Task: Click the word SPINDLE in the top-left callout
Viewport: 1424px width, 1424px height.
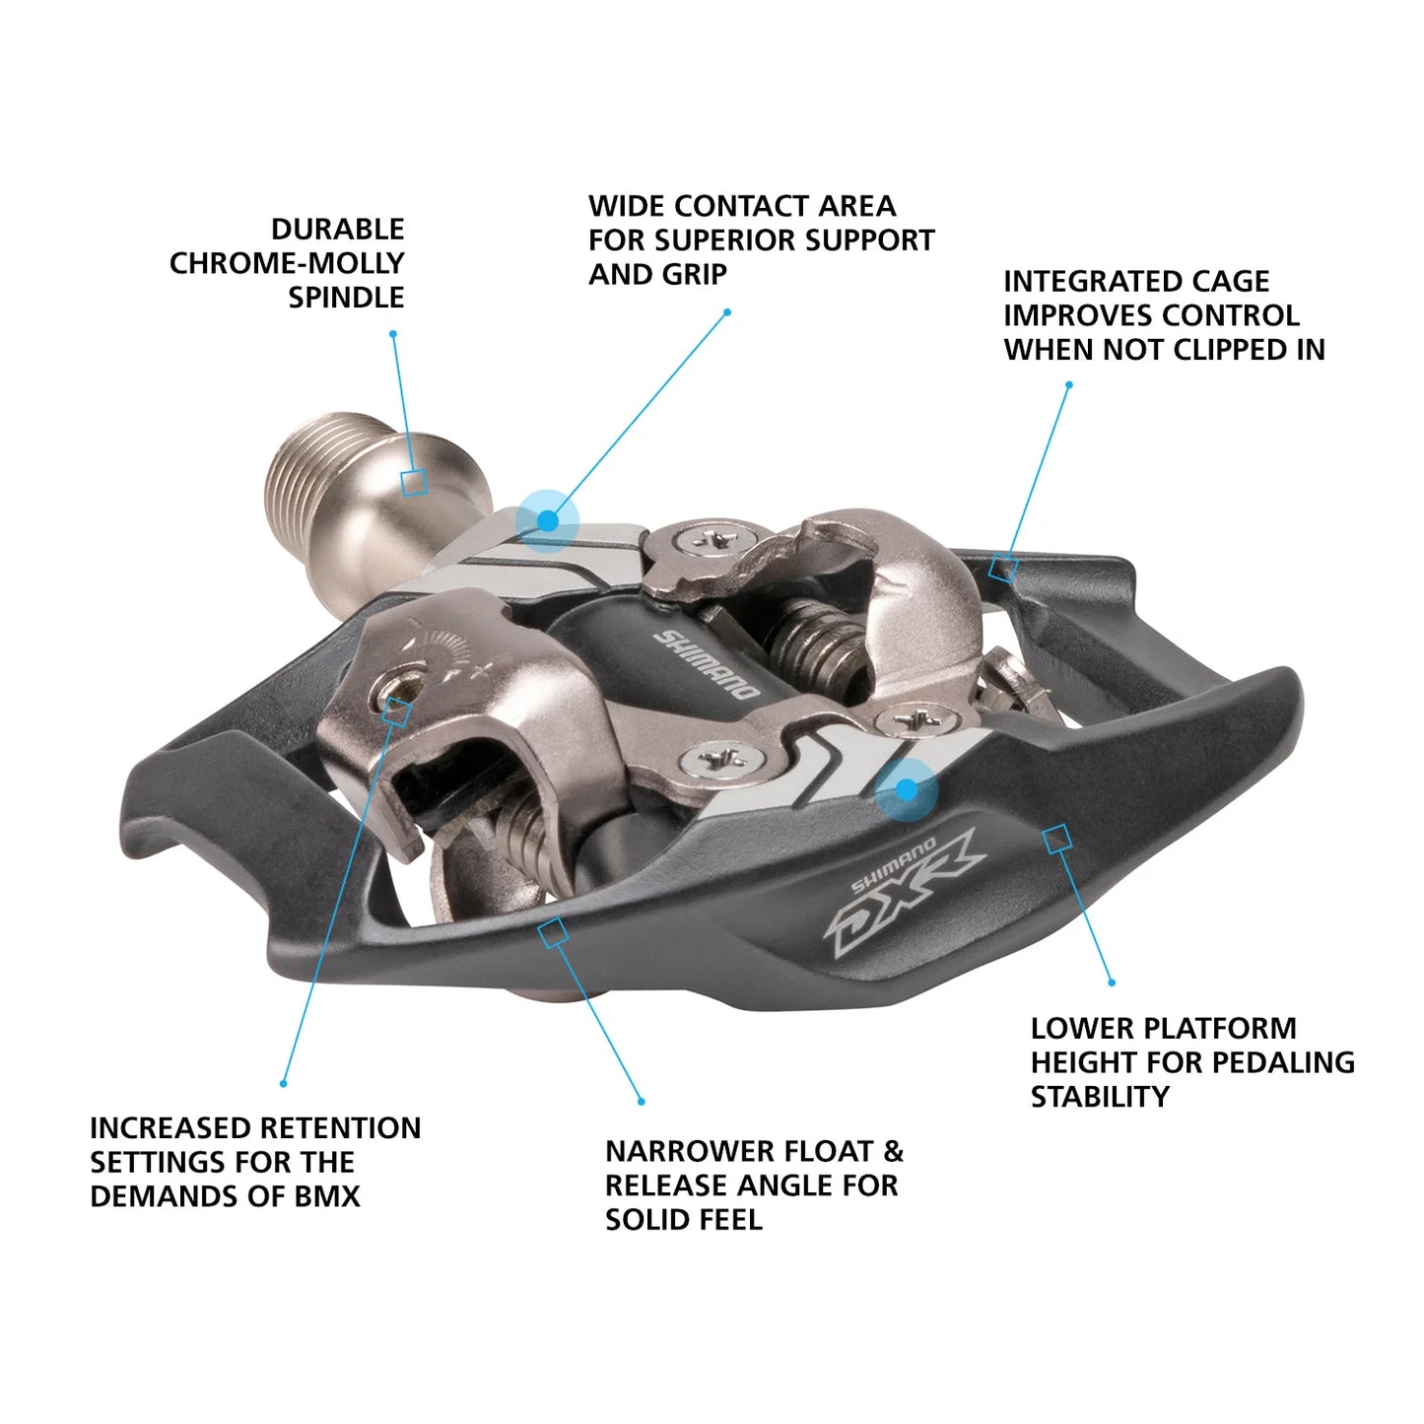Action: [x=346, y=298]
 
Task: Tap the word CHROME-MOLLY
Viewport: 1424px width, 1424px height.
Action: [x=287, y=263]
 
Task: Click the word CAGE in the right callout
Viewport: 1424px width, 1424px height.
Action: [x=1230, y=282]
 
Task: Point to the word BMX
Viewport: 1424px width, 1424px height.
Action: [x=327, y=1196]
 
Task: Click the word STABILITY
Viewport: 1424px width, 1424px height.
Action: [x=1099, y=1097]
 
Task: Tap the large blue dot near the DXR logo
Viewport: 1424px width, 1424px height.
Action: [x=906, y=788]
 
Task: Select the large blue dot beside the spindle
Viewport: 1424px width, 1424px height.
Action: [x=547, y=519]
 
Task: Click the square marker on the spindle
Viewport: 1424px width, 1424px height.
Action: [x=414, y=482]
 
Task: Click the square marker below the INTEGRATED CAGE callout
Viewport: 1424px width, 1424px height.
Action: [x=1003, y=568]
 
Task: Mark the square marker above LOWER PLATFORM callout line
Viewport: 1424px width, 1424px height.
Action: [x=1057, y=839]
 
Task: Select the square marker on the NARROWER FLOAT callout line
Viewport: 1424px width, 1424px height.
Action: [x=553, y=932]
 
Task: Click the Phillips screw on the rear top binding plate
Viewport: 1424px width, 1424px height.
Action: [x=712, y=540]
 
